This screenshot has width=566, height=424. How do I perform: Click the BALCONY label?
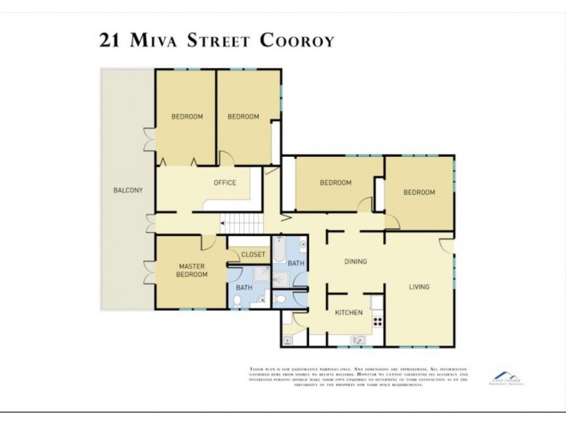tap(128, 190)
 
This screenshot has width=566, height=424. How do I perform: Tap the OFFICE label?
tap(225, 183)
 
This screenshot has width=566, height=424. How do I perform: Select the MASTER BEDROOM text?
tap(192, 270)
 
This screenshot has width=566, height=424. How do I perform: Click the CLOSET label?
tap(253, 254)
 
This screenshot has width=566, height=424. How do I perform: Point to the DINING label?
tap(355, 262)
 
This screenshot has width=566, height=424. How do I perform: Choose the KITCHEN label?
tap(350, 312)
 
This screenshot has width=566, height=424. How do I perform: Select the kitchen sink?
tap(358, 340)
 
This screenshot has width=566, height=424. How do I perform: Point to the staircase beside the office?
tap(242, 225)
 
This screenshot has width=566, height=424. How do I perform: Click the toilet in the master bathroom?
tap(238, 302)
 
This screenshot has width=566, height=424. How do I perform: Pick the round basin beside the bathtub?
tap(301, 247)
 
